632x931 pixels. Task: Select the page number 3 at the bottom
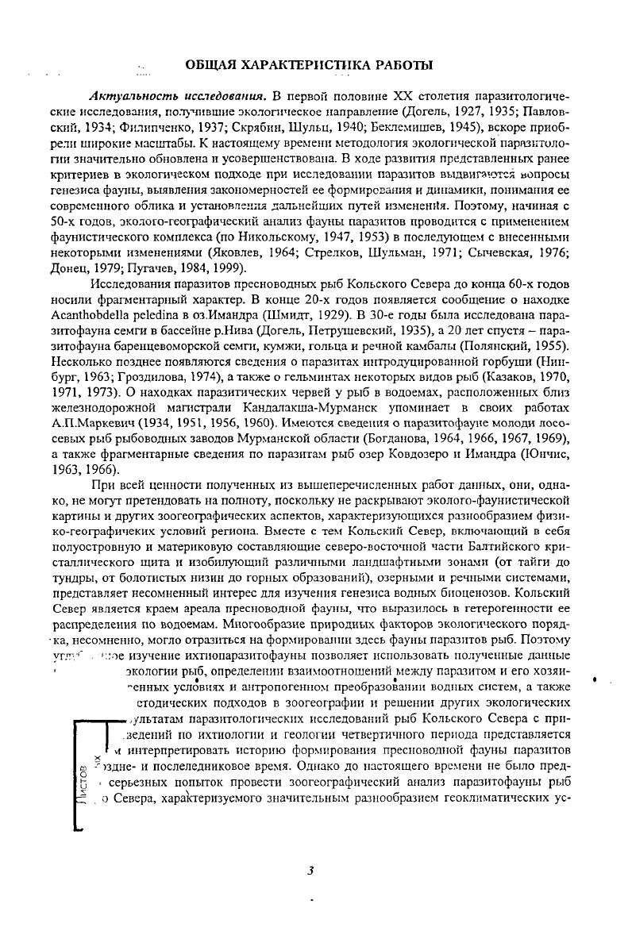click(311, 871)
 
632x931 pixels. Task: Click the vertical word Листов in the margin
click(83, 782)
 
